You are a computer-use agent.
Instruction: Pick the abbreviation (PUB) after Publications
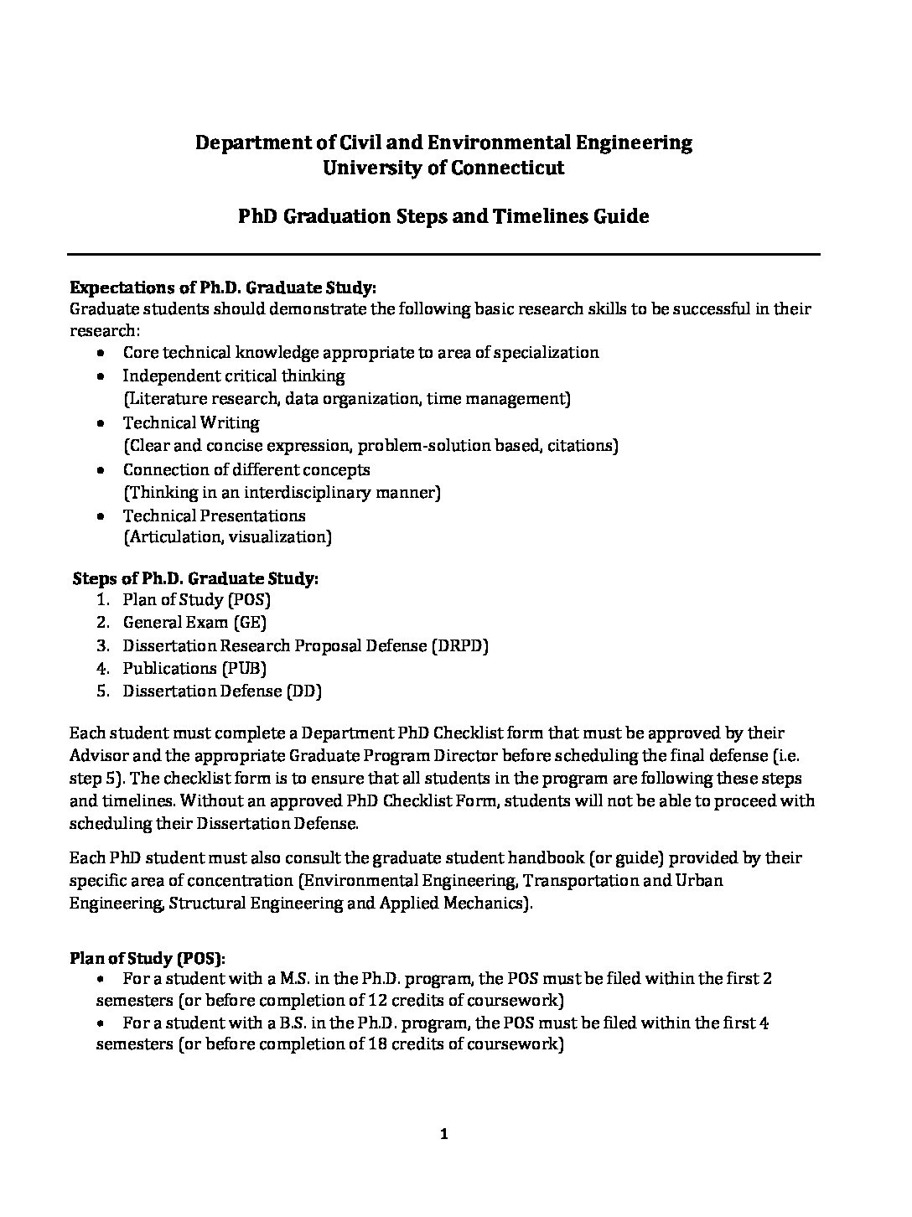(x=248, y=669)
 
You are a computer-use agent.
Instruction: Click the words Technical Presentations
(x=214, y=516)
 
